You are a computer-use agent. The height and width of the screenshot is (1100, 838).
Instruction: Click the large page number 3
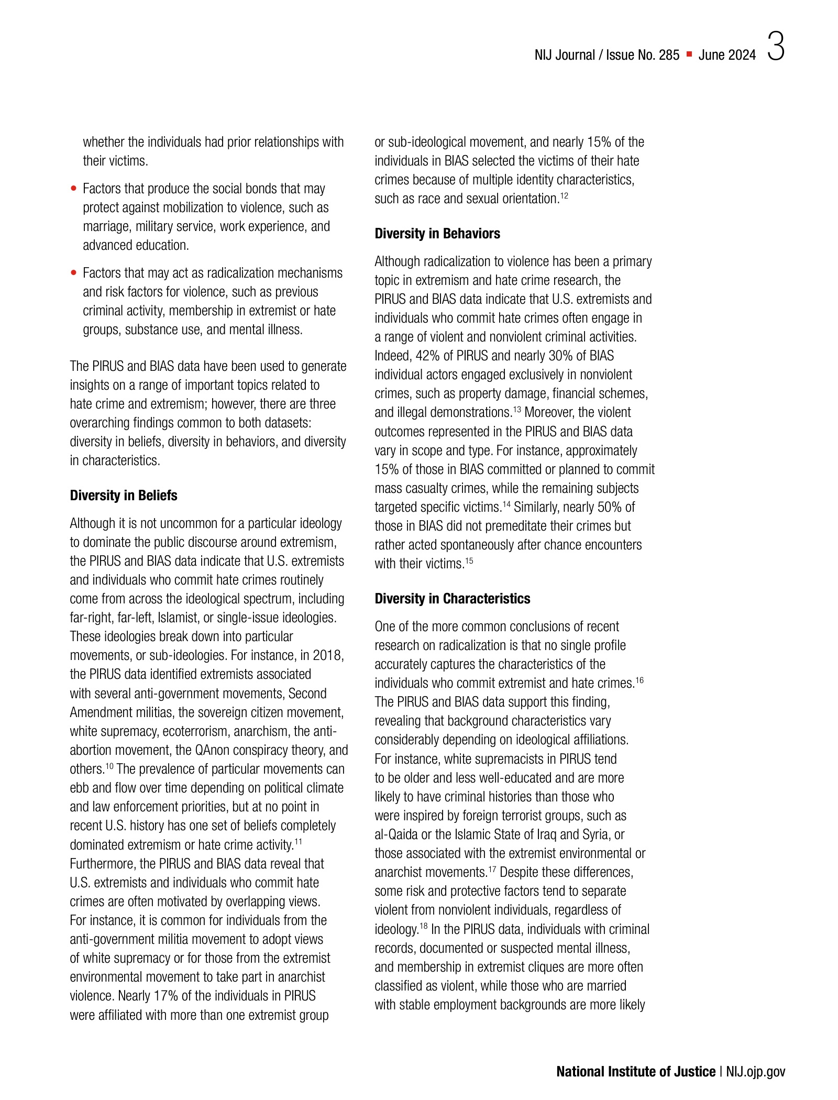(776, 47)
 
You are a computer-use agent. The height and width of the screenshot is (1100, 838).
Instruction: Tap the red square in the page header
(689, 54)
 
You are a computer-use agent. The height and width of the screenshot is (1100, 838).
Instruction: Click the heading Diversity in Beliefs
(124, 496)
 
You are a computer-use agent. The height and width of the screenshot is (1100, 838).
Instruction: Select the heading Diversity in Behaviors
(437, 234)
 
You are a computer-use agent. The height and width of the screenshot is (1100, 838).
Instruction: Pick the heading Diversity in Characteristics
(453, 599)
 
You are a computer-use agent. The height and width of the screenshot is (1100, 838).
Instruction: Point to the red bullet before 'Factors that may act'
(74, 273)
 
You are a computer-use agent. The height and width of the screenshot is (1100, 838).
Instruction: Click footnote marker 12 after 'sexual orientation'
(564, 196)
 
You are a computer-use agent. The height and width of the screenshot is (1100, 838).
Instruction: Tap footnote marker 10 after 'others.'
(109, 766)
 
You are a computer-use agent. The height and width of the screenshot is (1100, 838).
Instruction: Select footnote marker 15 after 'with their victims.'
(469, 561)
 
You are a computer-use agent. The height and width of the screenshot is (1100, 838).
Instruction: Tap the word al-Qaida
(396, 834)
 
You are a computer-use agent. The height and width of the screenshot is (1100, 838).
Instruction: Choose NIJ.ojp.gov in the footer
(756, 1072)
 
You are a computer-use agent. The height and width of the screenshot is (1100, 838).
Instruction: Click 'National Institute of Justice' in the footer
(636, 1072)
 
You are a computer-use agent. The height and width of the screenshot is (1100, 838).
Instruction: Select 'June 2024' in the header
(727, 55)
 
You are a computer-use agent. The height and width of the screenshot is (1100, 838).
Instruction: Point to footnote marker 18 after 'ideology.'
(424, 926)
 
